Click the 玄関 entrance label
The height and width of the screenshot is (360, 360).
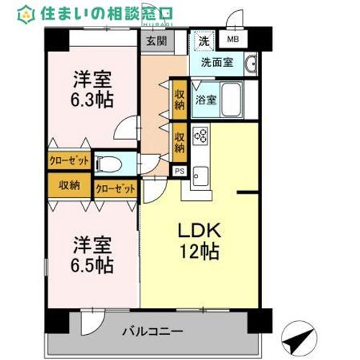click(x=157, y=41)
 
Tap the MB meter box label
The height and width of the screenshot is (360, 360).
click(x=233, y=39)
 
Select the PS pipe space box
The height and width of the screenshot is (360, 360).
click(x=180, y=171)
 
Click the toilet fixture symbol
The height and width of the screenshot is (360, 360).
click(x=108, y=164)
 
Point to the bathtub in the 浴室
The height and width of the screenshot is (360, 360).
click(x=231, y=100)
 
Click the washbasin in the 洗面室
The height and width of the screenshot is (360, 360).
click(x=251, y=64)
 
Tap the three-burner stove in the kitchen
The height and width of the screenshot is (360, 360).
click(x=200, y=135)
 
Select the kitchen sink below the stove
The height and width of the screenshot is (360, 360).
click(x=200, y=176)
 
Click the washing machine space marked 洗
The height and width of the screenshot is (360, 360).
click(x=204, y=41)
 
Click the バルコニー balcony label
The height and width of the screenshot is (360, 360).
click(x=153, y=332)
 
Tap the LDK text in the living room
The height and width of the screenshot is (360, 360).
click(x=199, y=230)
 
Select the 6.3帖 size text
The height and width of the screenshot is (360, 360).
click(x=91, y=99)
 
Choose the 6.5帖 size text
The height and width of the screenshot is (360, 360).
click(x=91, y=265)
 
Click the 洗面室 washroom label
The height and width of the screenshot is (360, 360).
click(x=217, y=63)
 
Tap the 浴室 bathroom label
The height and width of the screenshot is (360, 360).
click(x=206, y=100)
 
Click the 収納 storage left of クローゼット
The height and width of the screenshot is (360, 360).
click(x=69, y=185)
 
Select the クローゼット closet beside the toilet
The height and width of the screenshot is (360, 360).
click(x=69, y=160)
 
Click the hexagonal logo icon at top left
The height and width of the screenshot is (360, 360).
click(x=26, y=14)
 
